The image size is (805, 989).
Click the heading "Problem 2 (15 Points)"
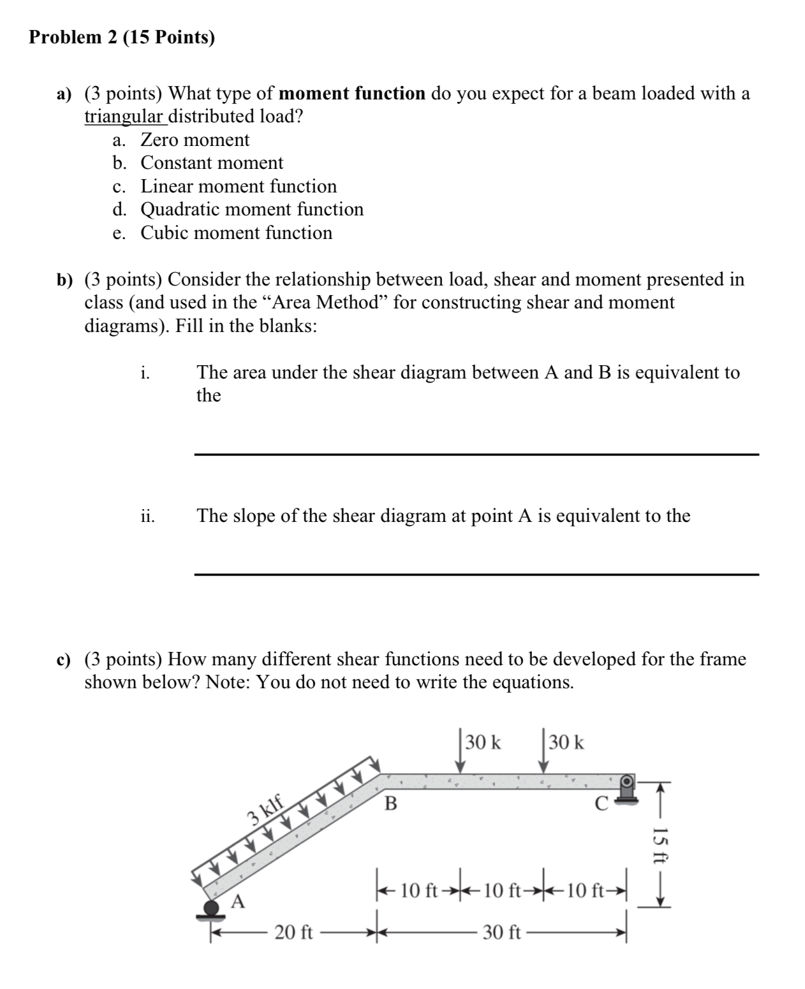122,38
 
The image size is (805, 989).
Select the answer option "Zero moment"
195,140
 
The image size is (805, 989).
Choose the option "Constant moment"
212,163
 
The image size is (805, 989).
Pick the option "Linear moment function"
238,186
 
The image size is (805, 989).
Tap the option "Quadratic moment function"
252,210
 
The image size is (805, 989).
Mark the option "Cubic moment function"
236,233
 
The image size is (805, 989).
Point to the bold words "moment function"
352,94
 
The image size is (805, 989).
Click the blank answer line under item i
475,453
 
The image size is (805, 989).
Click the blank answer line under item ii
475,574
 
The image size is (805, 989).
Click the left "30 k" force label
483,742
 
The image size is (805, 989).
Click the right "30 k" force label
565,742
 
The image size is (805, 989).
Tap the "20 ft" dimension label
293,933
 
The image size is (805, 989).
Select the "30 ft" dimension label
501,933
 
